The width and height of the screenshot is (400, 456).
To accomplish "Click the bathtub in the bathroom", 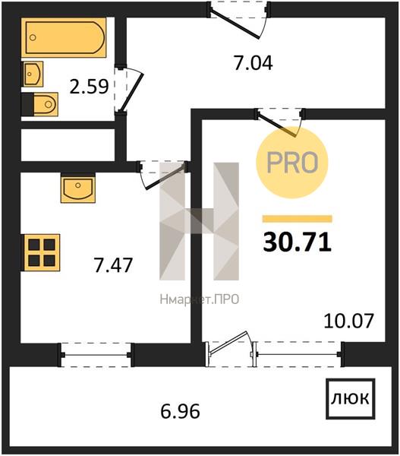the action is point(64,37).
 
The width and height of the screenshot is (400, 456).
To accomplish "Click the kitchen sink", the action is point(78,188).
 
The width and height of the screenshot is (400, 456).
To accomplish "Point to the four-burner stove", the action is point(42,252).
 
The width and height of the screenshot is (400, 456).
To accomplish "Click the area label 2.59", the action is point(89,87).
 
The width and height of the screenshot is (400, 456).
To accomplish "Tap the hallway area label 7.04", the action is point(254,63).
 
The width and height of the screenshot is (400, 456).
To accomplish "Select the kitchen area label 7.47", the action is point(113,265).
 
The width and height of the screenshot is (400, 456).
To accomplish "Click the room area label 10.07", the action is point(348,321).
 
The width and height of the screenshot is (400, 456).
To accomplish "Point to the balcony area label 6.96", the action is point(181,411).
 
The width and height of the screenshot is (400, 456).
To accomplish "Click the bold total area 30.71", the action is point(298,242).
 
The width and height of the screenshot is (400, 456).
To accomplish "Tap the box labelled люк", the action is point(351,399).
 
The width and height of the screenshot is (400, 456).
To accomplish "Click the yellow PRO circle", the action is point(291,163).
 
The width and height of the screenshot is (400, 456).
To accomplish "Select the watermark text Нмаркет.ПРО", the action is point(200,299).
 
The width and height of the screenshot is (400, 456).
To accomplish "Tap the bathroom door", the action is point(128,90).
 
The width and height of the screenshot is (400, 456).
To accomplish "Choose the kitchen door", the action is point(163,175).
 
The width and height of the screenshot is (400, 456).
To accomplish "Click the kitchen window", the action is point(96,355).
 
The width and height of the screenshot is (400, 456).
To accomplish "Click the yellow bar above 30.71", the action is point(298,219).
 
